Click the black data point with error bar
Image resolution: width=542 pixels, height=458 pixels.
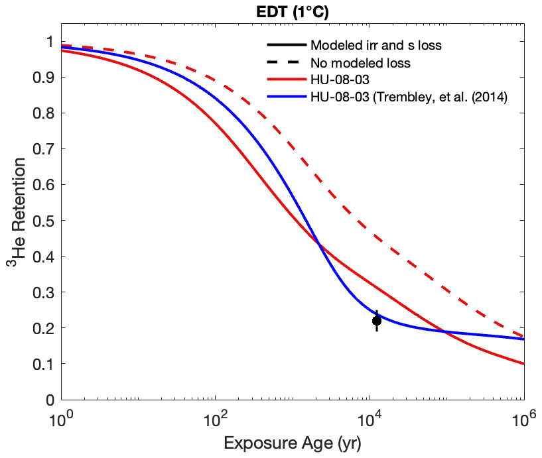click(x=377, y=321)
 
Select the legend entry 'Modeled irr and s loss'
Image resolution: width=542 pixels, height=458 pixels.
click(x=375, y=46)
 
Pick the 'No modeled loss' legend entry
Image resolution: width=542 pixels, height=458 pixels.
click(x=360, y=64)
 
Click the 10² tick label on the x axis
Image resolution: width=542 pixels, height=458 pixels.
click(x=215, y=421)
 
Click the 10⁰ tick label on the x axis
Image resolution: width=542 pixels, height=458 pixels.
click(x=61, y=421)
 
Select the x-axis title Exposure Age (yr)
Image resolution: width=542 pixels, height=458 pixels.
click(x=293, y=443)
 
